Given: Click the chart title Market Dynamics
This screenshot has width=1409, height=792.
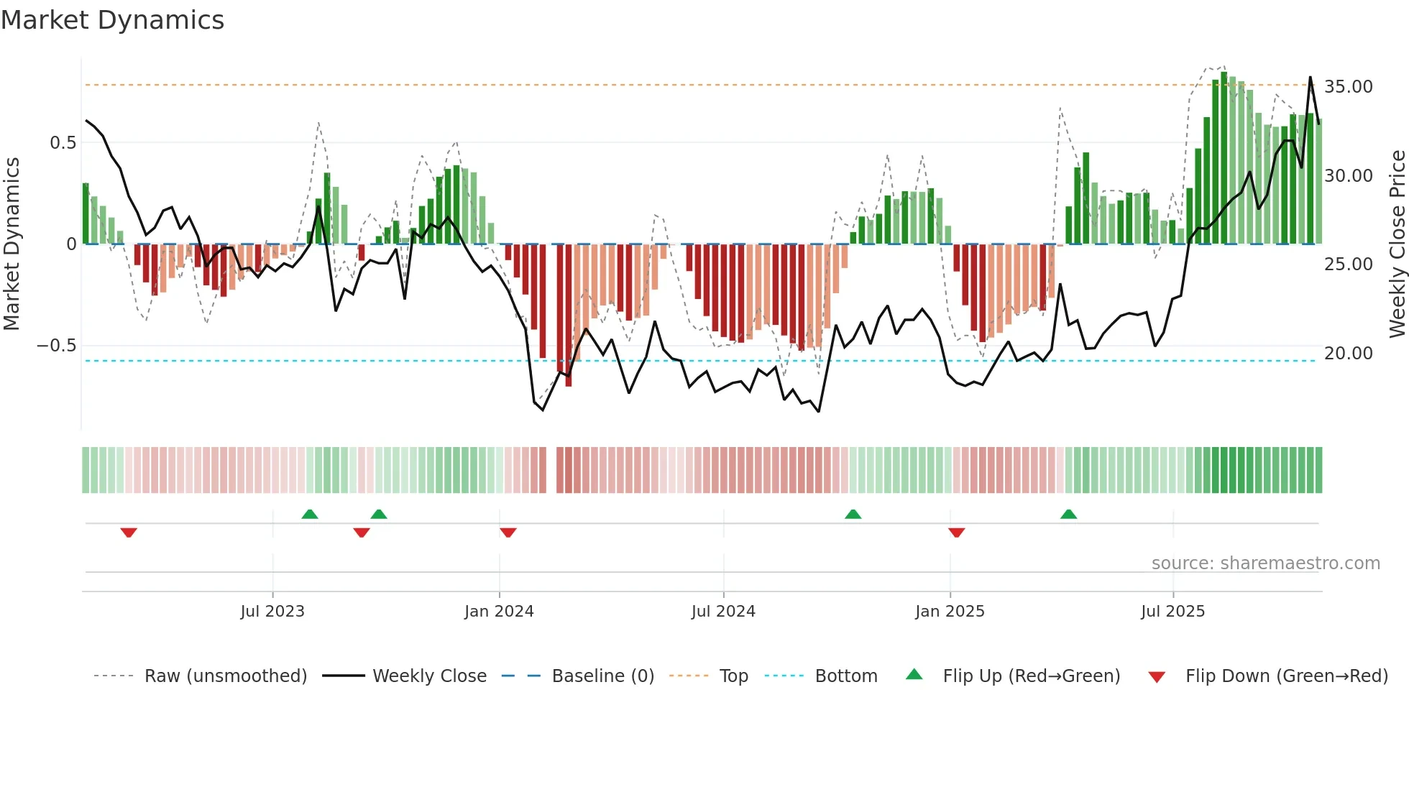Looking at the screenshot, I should (x=112, y=20).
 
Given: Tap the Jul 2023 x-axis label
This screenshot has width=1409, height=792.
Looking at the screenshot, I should (x=272, y=612).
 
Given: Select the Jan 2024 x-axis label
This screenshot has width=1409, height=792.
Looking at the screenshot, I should (x=499, y=612).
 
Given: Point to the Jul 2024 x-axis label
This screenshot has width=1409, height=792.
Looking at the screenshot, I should (x=723, y=612).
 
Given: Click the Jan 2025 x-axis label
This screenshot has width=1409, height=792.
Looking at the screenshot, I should (x=950, y=612).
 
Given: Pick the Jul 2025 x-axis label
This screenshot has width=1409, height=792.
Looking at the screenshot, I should (x=1172, y=612).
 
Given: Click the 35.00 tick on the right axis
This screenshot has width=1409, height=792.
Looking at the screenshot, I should (x=1348, y=87).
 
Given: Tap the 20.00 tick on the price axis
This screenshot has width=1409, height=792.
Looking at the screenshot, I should (x=1348, y=354).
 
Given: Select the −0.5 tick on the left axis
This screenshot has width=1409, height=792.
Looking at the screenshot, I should (x=56, y=346).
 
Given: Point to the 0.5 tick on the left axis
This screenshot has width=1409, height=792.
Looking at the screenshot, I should (x=63, y=143).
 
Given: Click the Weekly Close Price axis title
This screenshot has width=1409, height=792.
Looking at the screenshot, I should (x=1397, y=244).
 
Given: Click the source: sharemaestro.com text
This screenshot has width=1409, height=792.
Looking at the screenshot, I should (x=1265, y=563).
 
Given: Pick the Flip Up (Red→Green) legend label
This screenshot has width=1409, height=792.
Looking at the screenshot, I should (x=1031, y=676).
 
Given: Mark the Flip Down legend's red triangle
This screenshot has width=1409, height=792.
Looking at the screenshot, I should (x=1157, y=677).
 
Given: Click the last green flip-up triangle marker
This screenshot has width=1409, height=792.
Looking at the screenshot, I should (x=1068, y=514).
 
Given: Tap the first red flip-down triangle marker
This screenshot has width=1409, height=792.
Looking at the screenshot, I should (x=129, y=533).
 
